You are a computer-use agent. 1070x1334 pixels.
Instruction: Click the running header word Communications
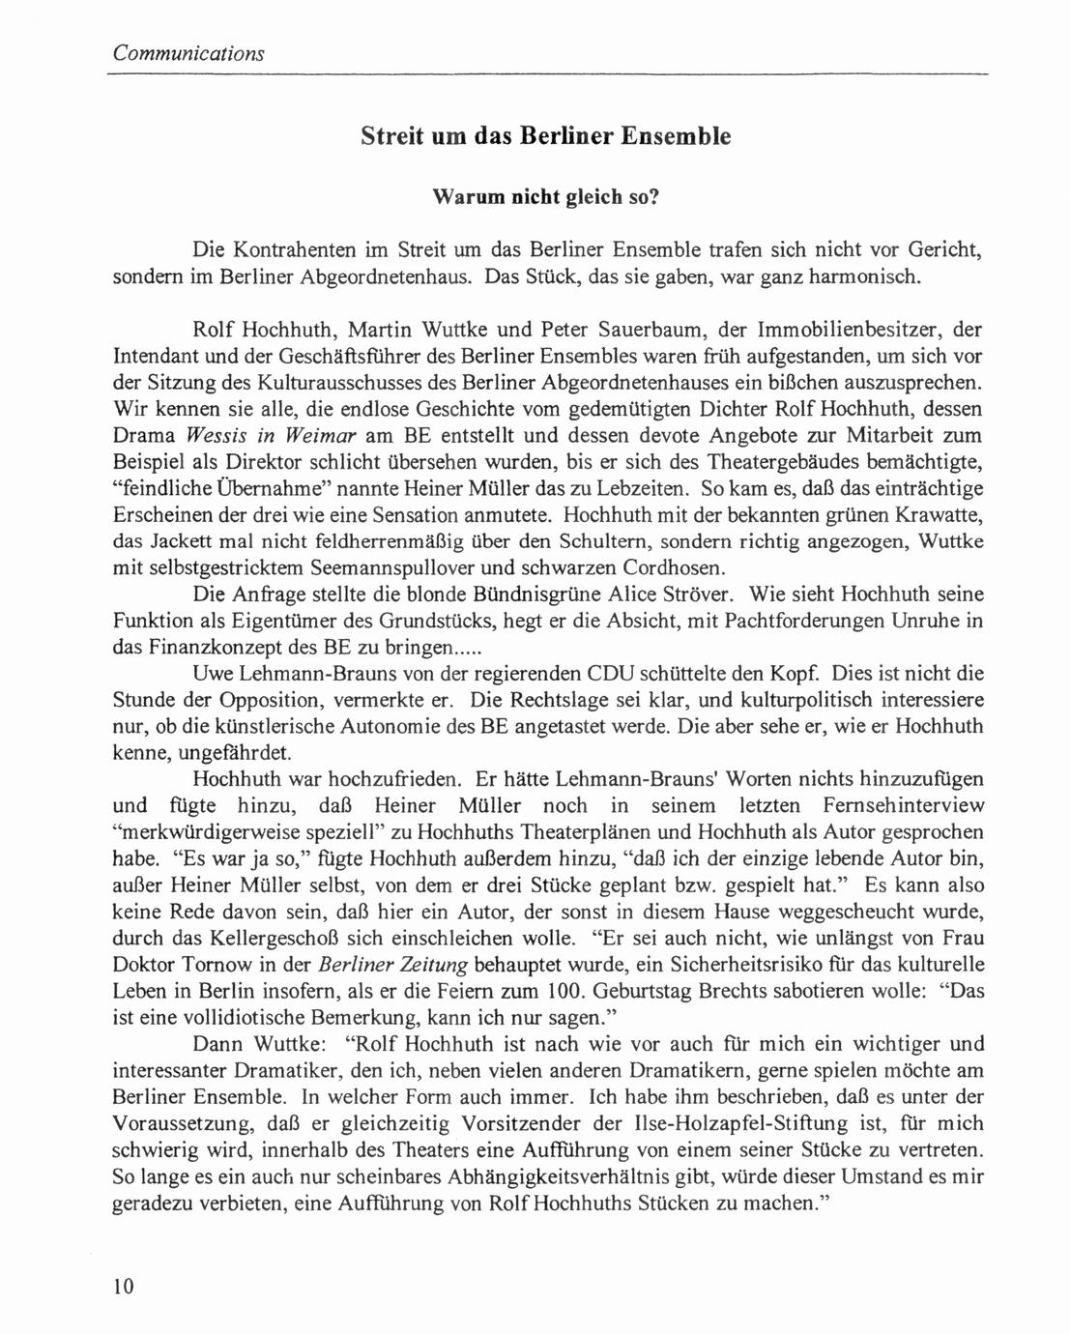click(188, 53)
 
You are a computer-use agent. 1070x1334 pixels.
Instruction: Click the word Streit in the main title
click(392, 135)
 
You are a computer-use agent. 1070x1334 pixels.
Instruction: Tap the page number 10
click(124, 1286)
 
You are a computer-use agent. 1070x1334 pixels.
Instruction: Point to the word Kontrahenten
click(297, 250)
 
